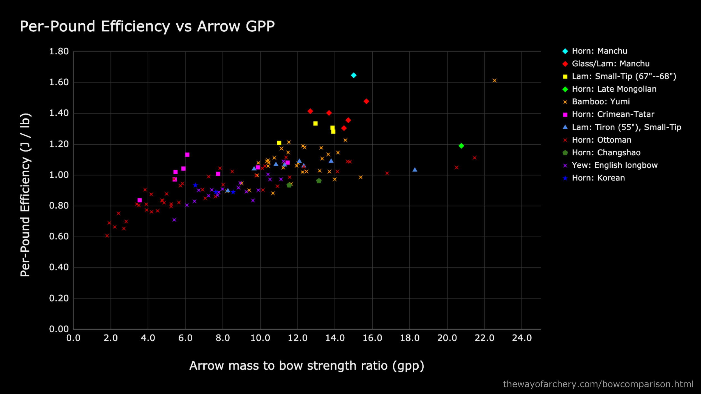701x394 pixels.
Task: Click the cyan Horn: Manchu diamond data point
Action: [x=354, y=75]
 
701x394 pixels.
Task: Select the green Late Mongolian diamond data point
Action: [x=461, y=146]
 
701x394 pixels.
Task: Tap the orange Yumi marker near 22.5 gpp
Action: [x=495, y=81]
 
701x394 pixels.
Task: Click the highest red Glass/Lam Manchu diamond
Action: [x=366, y=101]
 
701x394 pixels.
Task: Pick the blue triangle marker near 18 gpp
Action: [x=415, y=170]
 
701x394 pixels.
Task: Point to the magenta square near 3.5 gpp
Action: [x=140, y=200]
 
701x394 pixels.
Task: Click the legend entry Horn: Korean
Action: [x=598, y=178]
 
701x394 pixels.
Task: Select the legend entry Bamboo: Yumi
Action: [x=601, y=101]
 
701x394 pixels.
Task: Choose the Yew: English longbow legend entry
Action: [x=614, y=165]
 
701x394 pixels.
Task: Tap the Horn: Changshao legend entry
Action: [x=606, y=152]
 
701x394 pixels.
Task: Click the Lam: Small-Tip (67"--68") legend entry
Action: [x=624, y=76]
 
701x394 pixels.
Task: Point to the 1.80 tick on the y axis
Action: [x=59, y=51]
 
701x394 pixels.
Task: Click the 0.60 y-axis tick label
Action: [x=59, y=236]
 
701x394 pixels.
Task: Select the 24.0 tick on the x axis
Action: [x=522, y=338]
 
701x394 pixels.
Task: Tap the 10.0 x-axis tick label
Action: [x=260, y=338]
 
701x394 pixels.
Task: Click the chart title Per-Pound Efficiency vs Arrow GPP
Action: [x=147, y=26]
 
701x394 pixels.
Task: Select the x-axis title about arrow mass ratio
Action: [x=306, y=365]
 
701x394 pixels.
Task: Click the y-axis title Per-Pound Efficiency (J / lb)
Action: [x=25, y=195]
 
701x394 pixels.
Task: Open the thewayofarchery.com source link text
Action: [x=598, y=384]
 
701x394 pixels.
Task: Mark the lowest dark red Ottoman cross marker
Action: [x=107, y=236]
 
